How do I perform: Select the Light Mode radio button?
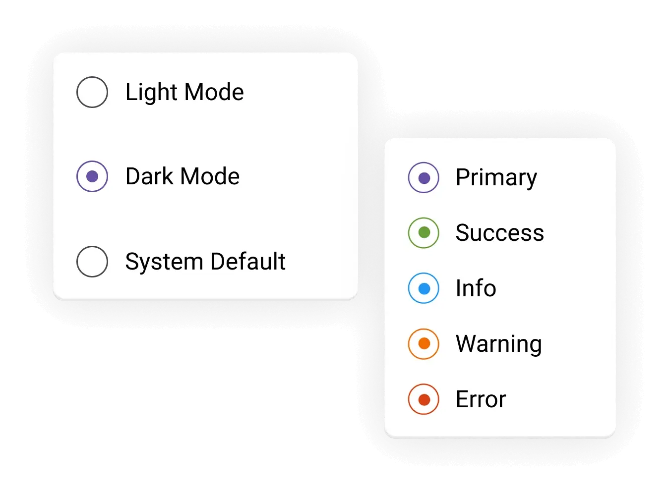[92, 92]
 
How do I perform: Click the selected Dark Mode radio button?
[92, 176]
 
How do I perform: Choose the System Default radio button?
[92, 262]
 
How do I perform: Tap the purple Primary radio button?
[424, 177]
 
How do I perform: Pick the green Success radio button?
[424, 233]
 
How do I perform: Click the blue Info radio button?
[424, 288]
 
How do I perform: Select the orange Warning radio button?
[424, 344]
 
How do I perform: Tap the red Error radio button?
[424, 399]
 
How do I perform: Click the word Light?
[151, 93]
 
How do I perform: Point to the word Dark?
[149, 176]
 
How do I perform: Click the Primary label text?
[496, 178]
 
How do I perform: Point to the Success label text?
[499, 233]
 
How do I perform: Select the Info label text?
[476, 288]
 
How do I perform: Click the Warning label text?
[498, 344]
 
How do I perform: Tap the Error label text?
[481, 399]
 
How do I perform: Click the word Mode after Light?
[214, 92]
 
